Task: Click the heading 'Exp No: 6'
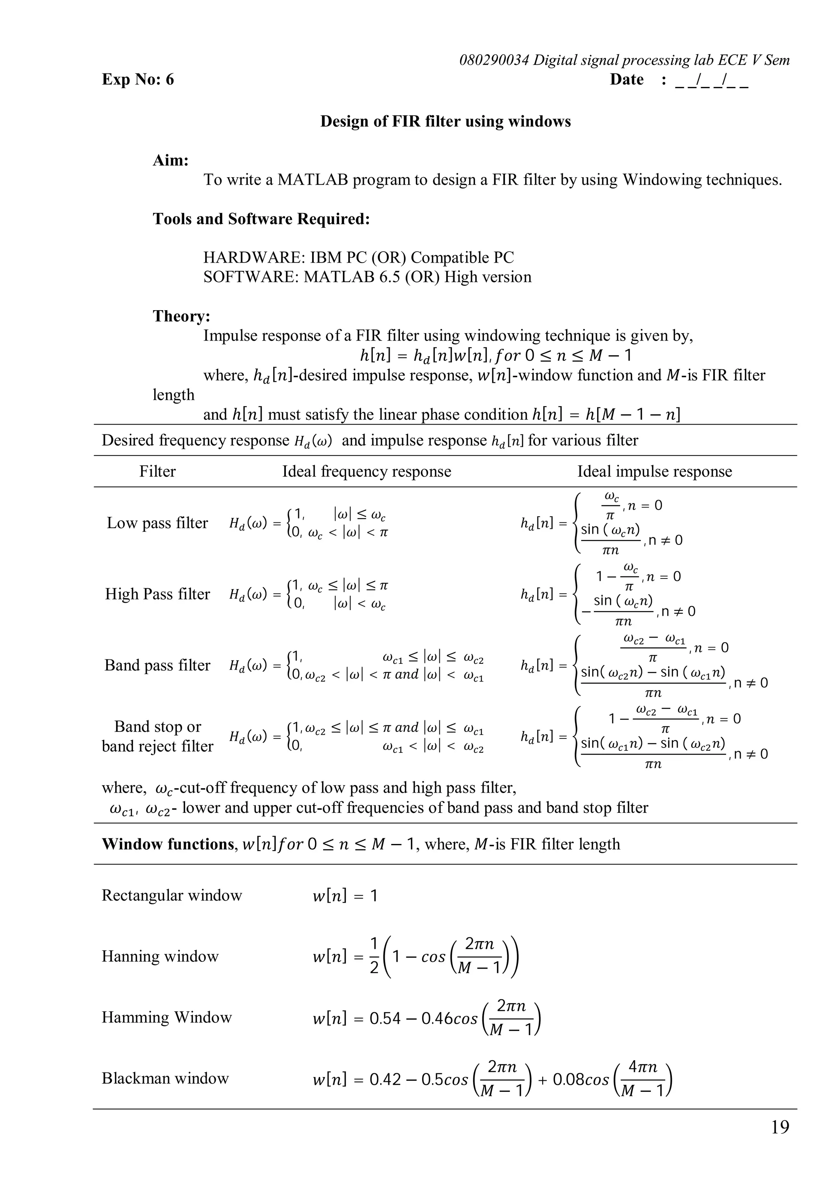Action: click(138, 79)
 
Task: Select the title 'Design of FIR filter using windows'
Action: click(445, 121)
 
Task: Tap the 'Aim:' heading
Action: click(171, 160)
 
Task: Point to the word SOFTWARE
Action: click(251, 277)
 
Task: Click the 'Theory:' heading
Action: click(181, 316)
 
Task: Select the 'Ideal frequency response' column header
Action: click(366, 471)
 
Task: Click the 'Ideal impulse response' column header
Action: click(654, 471)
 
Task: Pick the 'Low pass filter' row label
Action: click(157, 523)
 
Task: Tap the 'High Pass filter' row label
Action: click(157, 594)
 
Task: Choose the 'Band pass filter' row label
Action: click(157, 665)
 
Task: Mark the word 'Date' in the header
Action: click(627, 79)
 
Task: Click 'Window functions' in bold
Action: click(168, 844)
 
